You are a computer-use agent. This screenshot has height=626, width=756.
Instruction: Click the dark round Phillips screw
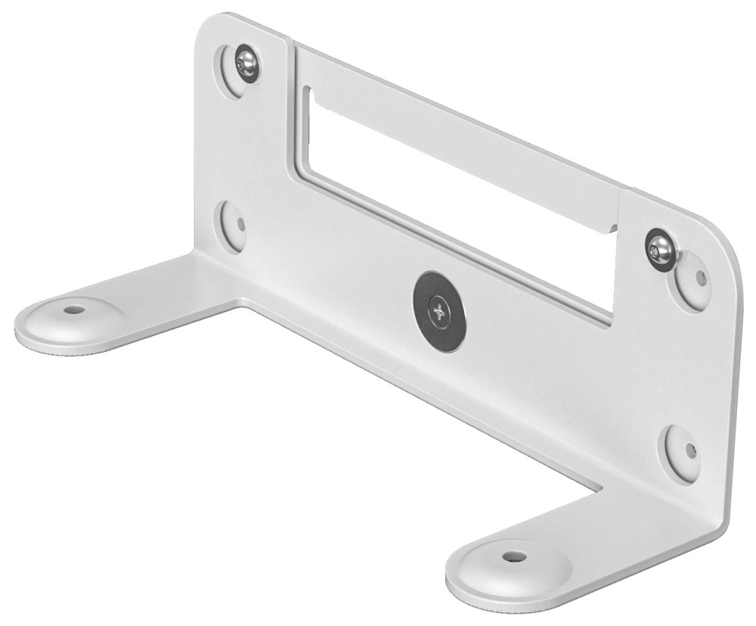pos(439,311)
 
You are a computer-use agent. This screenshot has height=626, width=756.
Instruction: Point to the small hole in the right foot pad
pos(514,557)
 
